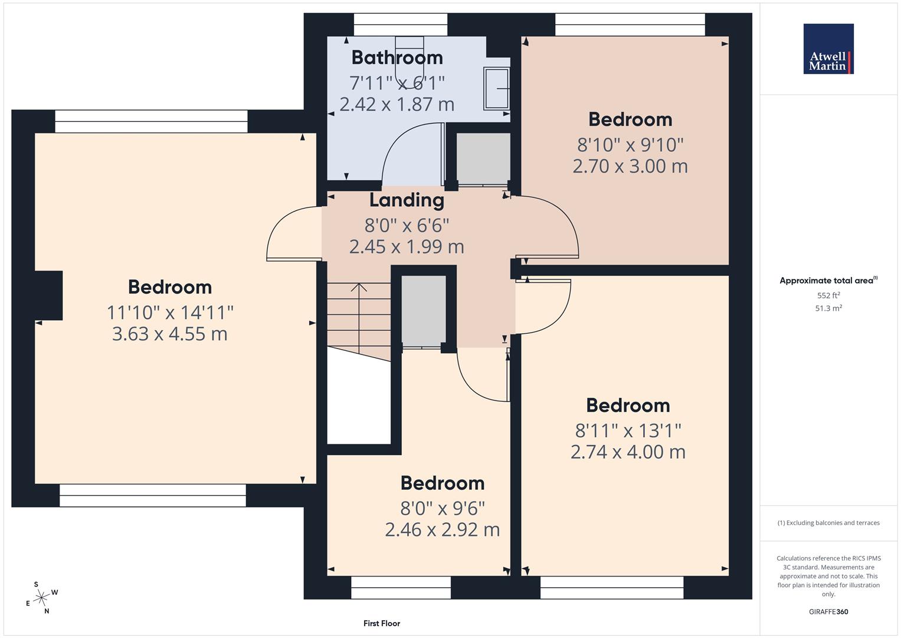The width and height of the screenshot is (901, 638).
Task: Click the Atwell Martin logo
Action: (x=828, y=48)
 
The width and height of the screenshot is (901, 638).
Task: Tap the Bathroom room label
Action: (x=397, y=58)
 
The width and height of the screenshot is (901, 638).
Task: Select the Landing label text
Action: (x=407, y=200)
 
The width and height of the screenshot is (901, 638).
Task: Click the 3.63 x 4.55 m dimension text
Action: (x=170, y=334)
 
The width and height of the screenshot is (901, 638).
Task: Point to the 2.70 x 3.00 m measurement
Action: (x=630, y=167)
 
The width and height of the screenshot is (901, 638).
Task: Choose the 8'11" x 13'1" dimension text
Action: (x=628, y=431)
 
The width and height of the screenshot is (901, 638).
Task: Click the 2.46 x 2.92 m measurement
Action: (x=442, y=530)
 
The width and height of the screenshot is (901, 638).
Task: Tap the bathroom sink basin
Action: (x=497, y=88)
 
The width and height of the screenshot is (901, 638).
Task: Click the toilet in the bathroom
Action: (x=409, y=60)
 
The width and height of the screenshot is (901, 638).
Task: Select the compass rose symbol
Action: (x=41, y=598)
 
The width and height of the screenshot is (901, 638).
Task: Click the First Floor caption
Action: (x=382, y=623)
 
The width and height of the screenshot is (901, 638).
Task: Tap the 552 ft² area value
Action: (x=828, y=295)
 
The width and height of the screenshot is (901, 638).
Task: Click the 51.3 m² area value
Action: (x=828, y=308)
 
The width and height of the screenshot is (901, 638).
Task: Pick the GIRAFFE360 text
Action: (x=828, y=611)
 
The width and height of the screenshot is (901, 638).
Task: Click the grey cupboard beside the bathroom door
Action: (x=483, y=159)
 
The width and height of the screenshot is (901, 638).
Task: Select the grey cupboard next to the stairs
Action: (x=424, y=311)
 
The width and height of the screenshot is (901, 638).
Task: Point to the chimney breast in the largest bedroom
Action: (x=48, y=295)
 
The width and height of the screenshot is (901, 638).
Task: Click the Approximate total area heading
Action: (x=828, y=281)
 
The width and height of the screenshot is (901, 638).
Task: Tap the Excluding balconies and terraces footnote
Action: (x=828, y=523)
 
